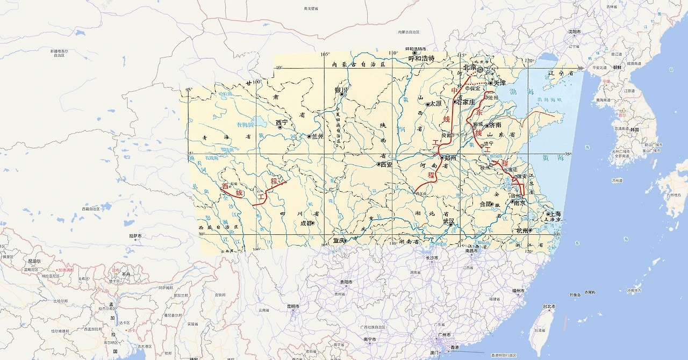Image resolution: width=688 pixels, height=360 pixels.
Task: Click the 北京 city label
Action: click(x=470, y=68)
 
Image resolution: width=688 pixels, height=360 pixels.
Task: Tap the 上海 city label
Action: click(x=555, y=214)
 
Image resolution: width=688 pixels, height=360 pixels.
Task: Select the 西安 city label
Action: click(x=386, y=164)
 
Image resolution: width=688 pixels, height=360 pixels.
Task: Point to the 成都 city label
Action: click(x=306, y=223)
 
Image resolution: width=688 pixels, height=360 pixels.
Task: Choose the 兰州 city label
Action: click(x=317, y=136)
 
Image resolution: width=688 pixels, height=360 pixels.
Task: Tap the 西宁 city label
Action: click(x=282, y=123)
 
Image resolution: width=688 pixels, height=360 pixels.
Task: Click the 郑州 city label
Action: click(x=450, y=158)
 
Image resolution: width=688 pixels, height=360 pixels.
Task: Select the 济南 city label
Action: click(x=494, y=125)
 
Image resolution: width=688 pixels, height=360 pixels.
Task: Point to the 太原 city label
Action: click(x=435, y=104)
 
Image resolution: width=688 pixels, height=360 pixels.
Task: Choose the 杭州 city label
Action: click(x=522, y=230)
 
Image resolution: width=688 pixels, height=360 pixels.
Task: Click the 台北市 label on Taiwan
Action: click(x=549, y=306)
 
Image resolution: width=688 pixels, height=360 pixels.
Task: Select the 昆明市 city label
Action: click(x=292, y=306)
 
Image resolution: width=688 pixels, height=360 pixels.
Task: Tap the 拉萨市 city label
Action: click(x=135, y=236)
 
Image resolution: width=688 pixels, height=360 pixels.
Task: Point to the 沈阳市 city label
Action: click(x=575, y=32)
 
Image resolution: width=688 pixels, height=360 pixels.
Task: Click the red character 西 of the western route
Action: click(x=225, y=186)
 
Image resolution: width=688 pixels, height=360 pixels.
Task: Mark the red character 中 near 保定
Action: click(x=454, y=91)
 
